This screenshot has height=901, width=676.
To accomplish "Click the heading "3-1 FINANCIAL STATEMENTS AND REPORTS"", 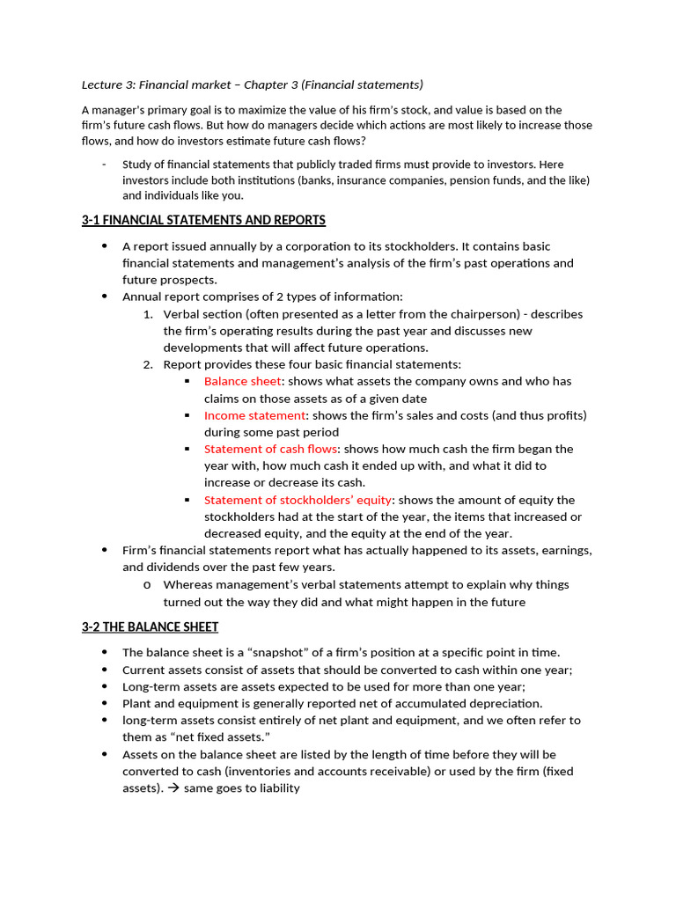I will click(203, 220).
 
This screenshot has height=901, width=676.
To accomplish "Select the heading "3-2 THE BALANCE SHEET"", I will click(150, 626).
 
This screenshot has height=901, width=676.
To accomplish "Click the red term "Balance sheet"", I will click(242, 381).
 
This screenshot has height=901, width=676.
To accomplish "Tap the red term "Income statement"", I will click(254, 415).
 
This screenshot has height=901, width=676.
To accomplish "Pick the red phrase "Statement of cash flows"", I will click(270, 449).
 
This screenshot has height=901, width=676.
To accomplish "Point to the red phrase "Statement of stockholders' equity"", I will click(298, 500).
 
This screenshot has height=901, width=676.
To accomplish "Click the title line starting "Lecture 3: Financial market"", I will click(252, 84).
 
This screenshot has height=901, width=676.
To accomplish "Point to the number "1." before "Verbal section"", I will click(148, 314).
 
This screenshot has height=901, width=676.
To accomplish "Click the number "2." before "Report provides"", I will click(148, 364).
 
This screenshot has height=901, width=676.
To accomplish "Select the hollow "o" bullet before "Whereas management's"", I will click(146, 584).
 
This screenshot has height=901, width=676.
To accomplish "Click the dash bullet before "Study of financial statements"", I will click(104, 165).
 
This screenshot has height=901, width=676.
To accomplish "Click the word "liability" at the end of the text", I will click(276, 788).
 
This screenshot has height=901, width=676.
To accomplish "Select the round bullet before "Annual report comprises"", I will click(106, 297).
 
